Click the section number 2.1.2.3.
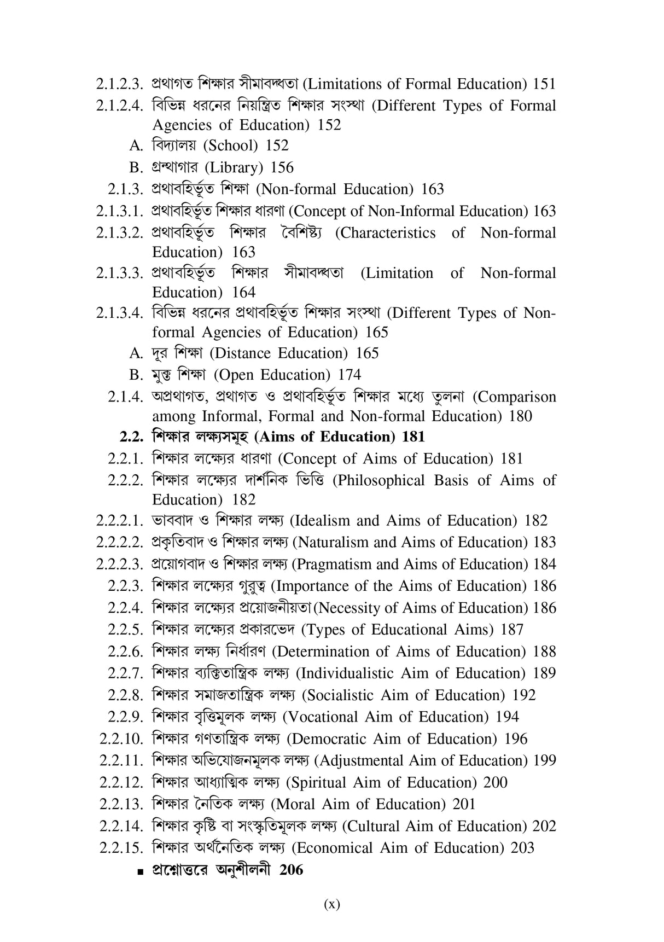119,84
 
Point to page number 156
282,167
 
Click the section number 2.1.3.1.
119,211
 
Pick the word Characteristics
385,233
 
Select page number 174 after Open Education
350,375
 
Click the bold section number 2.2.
131,437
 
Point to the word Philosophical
378,481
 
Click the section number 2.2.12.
121,783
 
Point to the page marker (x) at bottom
331,904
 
